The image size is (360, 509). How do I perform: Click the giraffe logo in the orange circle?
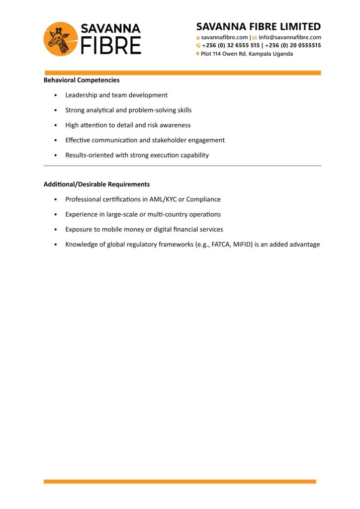(61, 38)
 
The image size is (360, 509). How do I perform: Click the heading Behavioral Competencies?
(82, 80)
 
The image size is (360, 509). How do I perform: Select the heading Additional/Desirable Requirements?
(96, 184)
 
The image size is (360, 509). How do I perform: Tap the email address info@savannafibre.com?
(290, 37)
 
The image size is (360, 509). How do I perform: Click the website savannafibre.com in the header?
(224, 37)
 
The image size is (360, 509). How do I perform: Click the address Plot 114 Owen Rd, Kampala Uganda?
(247, 54)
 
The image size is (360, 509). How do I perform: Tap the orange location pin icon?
(198, 54)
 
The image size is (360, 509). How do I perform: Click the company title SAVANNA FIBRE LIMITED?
(259, 27)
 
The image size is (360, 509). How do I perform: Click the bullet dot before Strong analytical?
(55, 110)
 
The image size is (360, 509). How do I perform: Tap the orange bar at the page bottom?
(180, 481)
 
